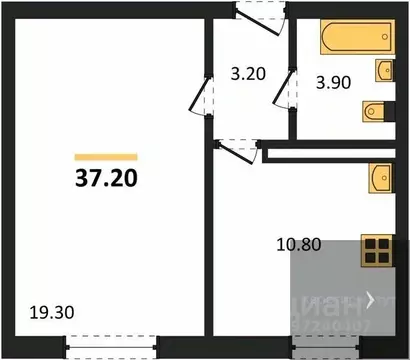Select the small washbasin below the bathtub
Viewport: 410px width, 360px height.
pyautogui.click(x=383, y=69)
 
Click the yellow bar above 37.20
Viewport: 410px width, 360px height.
pyautogui.click(x=106, y=156)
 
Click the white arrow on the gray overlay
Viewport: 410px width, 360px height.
pyautogui.click(x=371, y=298)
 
